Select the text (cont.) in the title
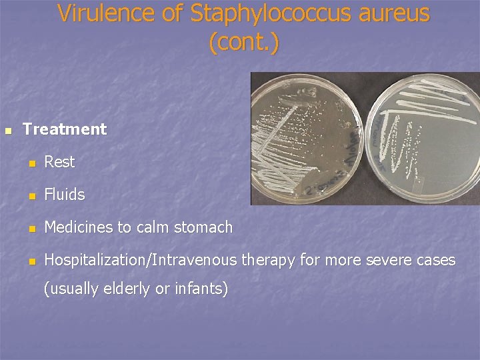click(x=244, y=42)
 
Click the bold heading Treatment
click(x=65, y=129)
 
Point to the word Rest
click(x=59, y=162)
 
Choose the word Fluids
click(x=65, y=195)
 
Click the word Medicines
click(x=79, y=227)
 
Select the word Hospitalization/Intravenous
click(x=140, y=260)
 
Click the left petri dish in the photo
click(x=307, y=139)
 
